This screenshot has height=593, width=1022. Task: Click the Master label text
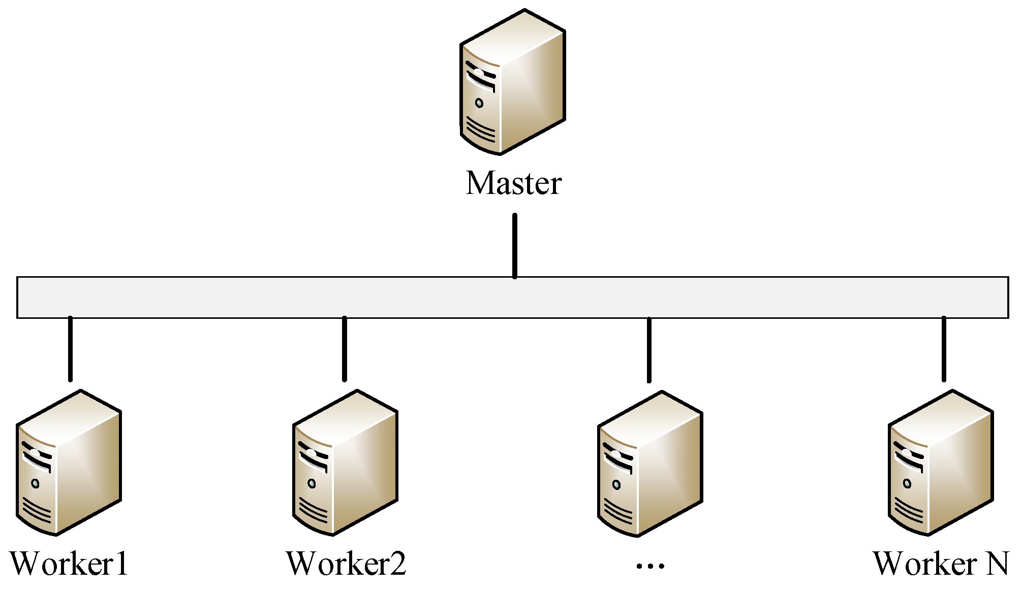click(513, 183)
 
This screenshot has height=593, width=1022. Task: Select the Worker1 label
click(69, 564)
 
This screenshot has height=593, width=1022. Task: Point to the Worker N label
click(941, 564)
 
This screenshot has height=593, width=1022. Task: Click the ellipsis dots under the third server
click(650, 566)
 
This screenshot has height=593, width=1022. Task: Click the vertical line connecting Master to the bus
click(515, 245)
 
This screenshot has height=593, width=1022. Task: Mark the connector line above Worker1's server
click(70, 349)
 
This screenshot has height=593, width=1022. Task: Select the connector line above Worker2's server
click(345, 349)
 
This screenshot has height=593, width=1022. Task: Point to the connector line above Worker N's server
click(944, 349)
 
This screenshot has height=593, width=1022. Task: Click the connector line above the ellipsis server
click(649, 350)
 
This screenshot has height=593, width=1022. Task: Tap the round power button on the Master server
click(479, 103)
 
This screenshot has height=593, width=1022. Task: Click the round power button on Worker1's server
click(35, 483)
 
